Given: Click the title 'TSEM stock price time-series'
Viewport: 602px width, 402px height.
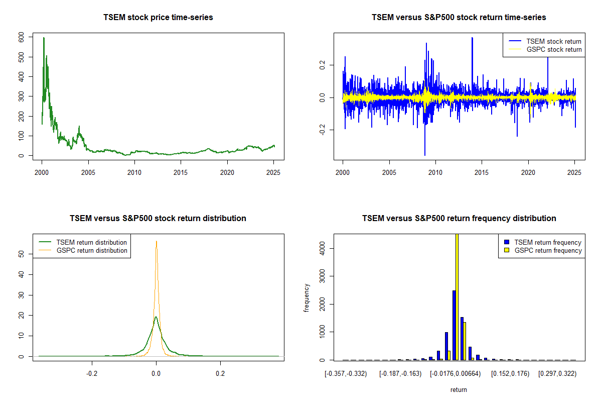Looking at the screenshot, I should click(x=158, y=17).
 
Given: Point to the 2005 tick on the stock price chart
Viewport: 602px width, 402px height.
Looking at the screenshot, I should click(x=88, y=172).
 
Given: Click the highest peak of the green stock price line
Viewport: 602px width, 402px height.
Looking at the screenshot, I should click(x=44, y=38).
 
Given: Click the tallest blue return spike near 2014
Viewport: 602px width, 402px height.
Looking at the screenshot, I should click(x=472, y=38).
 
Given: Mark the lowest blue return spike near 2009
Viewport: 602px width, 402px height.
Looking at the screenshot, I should click(x=425, y=155).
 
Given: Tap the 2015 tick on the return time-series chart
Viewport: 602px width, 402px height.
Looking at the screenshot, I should click(x=482, y=172).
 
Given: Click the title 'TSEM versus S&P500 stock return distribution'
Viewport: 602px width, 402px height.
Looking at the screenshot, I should click(x=158, y=218).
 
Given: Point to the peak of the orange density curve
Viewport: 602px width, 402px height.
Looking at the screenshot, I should click(x=157, y=241).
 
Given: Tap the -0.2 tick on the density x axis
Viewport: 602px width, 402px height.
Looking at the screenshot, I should click(x=92, y=374).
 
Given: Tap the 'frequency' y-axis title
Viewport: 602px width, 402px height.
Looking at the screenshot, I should click(x=307, y=297).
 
